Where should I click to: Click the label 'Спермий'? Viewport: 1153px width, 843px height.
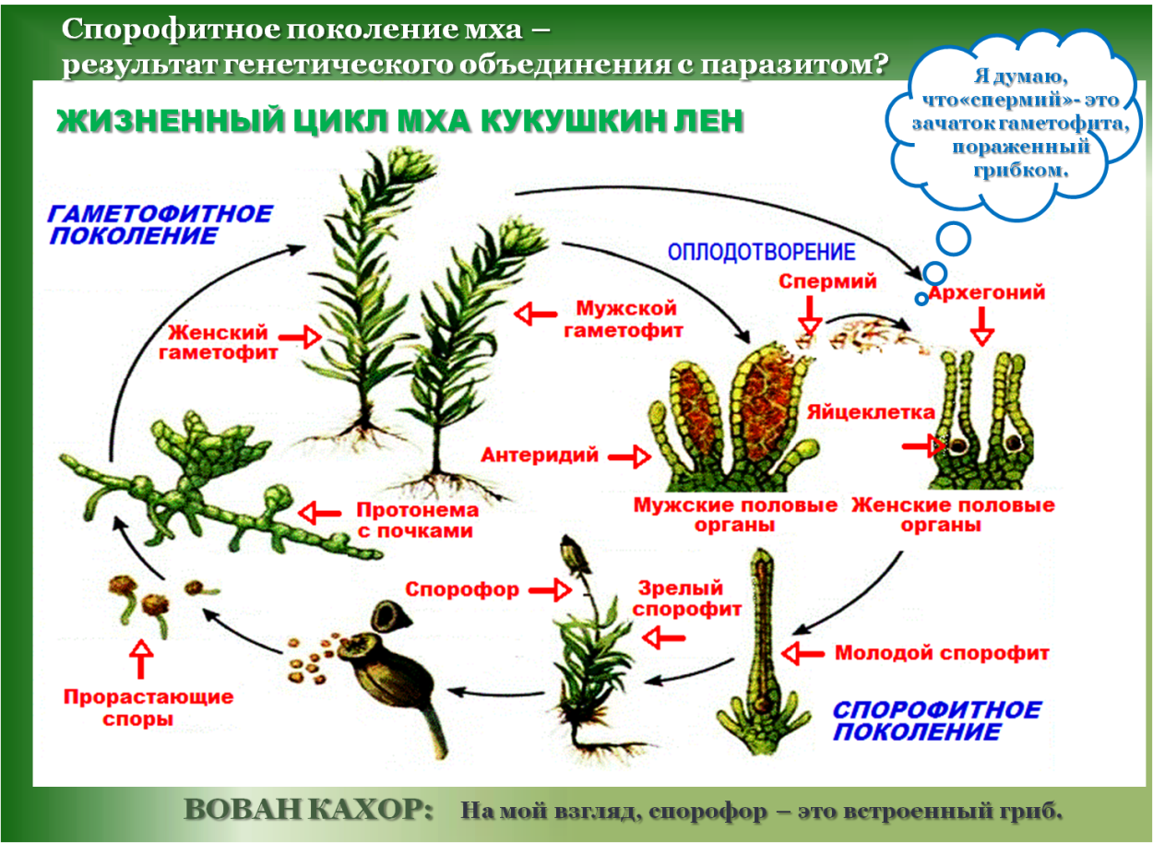coord(826,282)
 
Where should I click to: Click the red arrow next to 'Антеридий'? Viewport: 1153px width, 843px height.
coord(629,456)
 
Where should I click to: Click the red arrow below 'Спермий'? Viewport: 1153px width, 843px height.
coord(809,318)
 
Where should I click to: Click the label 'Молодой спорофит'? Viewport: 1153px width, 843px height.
coord(942,653)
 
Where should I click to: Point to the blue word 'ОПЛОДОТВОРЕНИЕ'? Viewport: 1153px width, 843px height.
coord(761,252)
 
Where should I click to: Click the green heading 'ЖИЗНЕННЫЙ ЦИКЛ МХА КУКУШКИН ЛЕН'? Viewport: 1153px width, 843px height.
coord(399,122)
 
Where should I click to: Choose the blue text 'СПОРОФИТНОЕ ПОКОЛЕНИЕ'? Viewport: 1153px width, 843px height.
coord(935,720)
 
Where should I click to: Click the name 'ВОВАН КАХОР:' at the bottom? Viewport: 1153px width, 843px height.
coord(309,810)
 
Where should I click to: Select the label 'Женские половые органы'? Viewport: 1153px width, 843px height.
coord(953,516)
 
